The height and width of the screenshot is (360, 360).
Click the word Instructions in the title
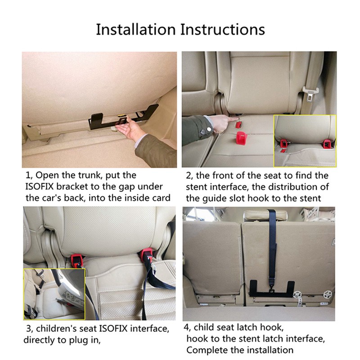[x=222, y=29]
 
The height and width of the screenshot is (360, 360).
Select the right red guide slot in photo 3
[x=147, y=255]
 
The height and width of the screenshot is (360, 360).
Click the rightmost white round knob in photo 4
[x=327, y=295]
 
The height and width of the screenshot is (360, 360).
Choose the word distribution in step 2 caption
[x=291, y=187]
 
